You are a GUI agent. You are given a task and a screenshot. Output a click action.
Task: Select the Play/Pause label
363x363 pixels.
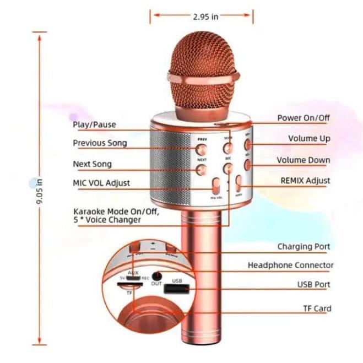click(94, 124)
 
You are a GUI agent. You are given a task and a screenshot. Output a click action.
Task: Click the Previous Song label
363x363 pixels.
click(100, 143)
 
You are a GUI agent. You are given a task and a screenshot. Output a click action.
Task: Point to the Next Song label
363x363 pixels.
click(92, 164)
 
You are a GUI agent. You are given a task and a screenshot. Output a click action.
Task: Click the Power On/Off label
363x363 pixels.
click(304, 118)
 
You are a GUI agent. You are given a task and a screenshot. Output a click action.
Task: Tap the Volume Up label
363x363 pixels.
click(309, 139)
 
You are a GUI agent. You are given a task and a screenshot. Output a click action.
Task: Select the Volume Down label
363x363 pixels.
click(304, 161)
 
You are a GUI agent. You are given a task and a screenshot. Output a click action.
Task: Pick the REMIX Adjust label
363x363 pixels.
click(305, 181)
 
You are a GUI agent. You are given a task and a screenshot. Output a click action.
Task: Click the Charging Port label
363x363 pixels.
click(304, 247)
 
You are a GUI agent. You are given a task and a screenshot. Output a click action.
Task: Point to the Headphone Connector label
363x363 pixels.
click(290, 266)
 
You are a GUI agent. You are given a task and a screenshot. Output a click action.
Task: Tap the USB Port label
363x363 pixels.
click(313, 285)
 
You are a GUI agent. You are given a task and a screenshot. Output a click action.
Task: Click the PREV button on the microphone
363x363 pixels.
click(201, 149)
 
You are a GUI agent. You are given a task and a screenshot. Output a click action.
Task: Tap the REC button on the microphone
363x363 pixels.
click(227, 169)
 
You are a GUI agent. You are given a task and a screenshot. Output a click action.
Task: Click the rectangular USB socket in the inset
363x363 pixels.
click(177, 289)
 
